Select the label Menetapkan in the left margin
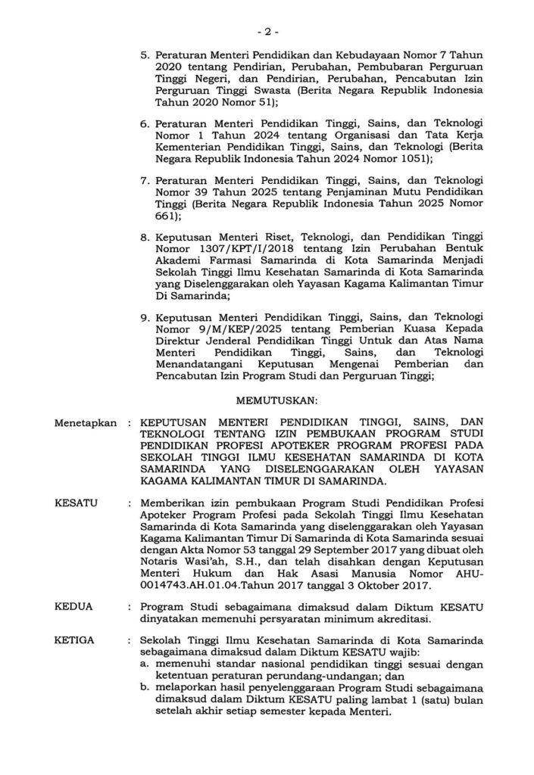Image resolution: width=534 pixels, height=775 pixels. click(x=86, y=422)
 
